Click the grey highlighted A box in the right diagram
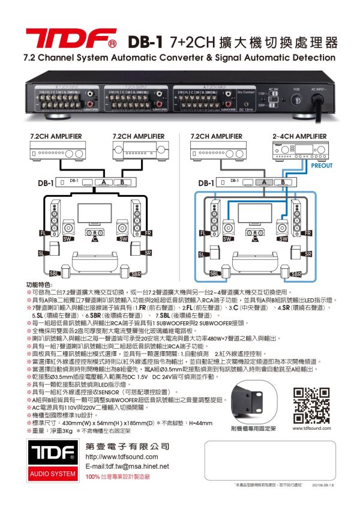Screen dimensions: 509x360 (x=262, y=182)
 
